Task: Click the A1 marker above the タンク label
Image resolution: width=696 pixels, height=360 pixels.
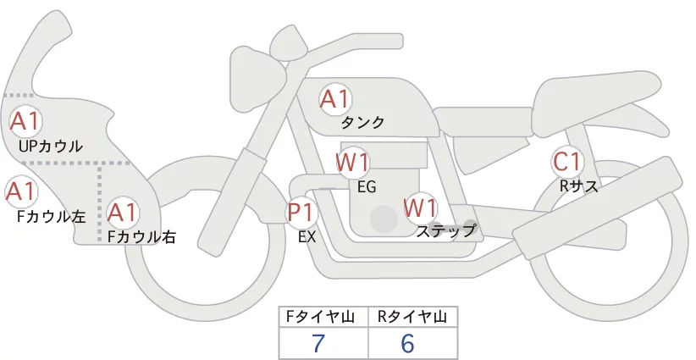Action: (334, 99)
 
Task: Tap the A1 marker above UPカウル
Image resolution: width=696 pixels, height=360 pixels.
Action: (25, 121)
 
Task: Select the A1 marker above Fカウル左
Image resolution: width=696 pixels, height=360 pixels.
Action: (21, 191)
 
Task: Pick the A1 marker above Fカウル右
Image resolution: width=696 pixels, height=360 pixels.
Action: (123, 213)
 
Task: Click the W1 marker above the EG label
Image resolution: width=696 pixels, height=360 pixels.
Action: (352, 163)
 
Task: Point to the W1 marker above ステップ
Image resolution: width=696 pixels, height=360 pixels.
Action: (420, 208)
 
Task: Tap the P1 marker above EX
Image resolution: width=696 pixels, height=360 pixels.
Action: (301, 213)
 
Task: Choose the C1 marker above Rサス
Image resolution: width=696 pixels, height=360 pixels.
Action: (566, 162)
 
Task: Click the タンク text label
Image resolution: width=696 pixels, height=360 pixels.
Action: (362, 123)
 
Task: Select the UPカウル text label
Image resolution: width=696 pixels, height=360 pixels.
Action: (51, 146)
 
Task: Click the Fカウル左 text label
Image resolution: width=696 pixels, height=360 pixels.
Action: (51, 216)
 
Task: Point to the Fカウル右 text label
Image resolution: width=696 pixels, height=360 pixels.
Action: (142, 236)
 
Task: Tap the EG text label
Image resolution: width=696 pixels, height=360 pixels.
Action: (367, 187)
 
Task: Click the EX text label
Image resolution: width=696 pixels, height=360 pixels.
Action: (307, 237)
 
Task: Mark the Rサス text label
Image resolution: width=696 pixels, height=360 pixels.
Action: (578, 186)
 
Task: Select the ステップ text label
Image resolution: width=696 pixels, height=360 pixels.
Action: (445, 231)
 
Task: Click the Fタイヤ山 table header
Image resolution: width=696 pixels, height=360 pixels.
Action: (320, 317)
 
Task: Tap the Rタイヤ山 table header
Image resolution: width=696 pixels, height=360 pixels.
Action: (412, 317)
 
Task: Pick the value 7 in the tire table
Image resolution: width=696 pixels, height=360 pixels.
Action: (318, 343)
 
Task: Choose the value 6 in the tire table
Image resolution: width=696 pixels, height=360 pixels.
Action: (407, 343)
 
